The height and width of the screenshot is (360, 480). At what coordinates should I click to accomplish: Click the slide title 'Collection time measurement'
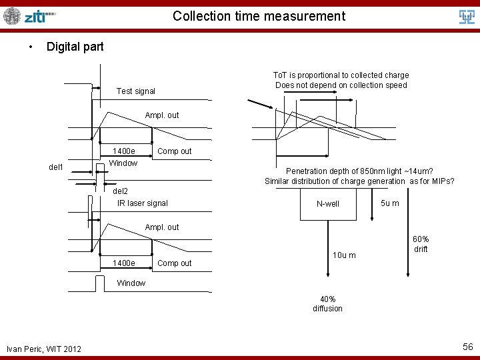(x=259, y=16)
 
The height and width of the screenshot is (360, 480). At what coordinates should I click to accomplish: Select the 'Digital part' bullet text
(x=75, y=47)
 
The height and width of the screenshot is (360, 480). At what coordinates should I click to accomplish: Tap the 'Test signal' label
(x=135, y=91)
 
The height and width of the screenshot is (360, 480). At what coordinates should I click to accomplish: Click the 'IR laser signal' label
(x=143, y=203)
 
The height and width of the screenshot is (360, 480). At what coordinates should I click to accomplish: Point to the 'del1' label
(x=56, y=167)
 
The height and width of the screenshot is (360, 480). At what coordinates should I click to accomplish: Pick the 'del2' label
(x=120, y=191)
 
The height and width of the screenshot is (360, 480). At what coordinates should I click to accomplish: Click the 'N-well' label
(x=328, y=204)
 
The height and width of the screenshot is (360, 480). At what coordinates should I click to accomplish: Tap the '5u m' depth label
(x=390, y=203)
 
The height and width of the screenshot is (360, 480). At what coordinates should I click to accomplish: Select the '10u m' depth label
(x=344, y=255)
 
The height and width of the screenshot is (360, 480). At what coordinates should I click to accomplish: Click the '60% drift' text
(x=421, y=244)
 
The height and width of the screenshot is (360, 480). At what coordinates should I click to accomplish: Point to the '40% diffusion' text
(x=327, y=304)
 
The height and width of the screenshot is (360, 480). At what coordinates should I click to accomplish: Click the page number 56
(x=467, y=347)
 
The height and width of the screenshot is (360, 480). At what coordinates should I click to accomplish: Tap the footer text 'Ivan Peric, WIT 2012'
(x=44, y=349)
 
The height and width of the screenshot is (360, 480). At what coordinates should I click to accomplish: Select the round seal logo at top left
(x=12, y=16)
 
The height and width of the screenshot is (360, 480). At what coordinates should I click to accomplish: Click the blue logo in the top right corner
(x=467, y=17)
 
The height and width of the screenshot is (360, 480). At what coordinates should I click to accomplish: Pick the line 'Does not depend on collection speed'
(x=341, y=85)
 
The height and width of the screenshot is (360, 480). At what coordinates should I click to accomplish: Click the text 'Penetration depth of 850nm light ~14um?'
(x=359, y=171)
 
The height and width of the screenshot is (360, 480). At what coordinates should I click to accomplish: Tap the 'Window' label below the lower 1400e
(x=131, y=283)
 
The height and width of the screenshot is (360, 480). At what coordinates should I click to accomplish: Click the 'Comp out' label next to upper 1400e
(x=174, y=151)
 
